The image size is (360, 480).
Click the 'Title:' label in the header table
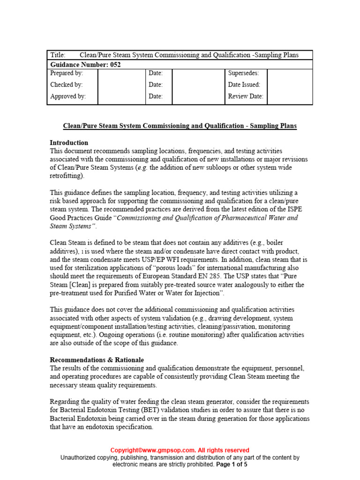pyautogui.click(x=58, y=55)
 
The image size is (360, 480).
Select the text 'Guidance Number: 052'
pyautogui.click(x=85, y=65)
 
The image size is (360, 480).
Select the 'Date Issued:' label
pyautogui.click(x=244, y=85)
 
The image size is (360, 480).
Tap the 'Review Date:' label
pyautogui.click(x=246, y=97)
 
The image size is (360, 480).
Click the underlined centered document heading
pyautogui.click(x=180, y=126)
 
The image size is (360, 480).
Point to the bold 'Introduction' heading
pyautogui.click(x=69, y=142)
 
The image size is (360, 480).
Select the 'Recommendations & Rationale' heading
pyautogui.click(x=97, y=360)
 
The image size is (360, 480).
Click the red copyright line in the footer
pyautogui.click(x=180, y=450)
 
